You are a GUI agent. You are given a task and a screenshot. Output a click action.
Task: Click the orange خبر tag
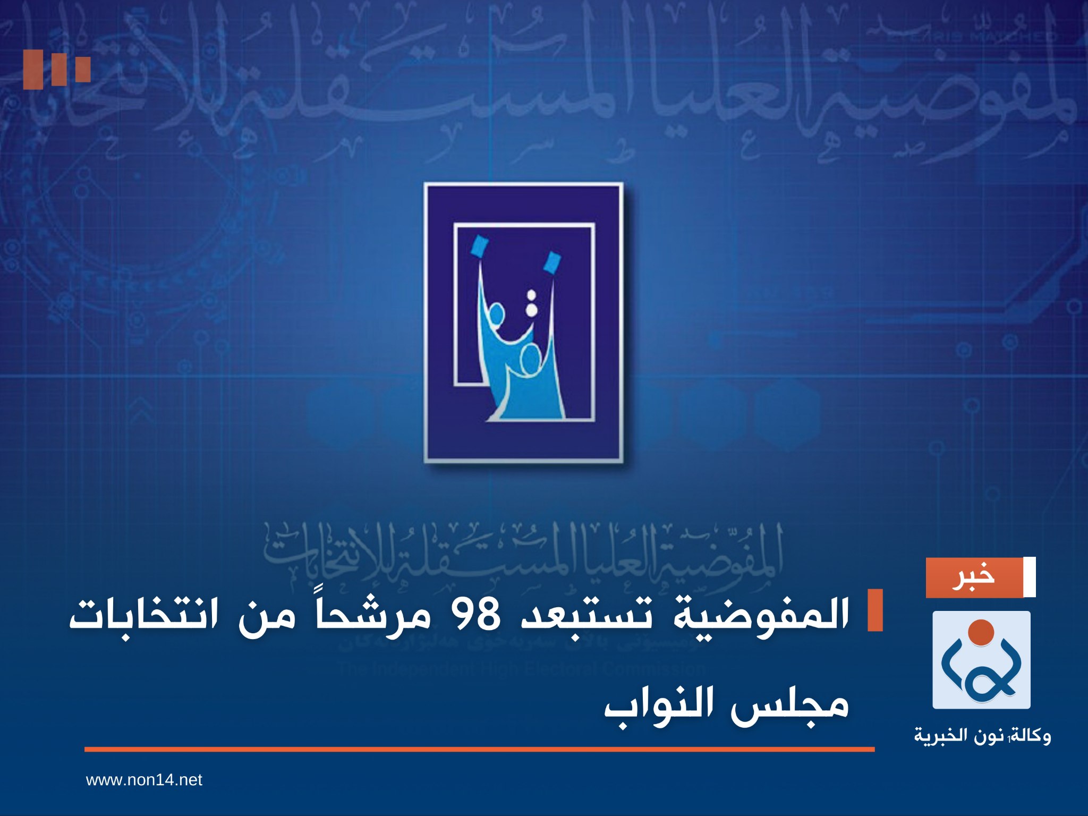974,577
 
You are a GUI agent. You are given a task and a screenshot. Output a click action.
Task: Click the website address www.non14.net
144,780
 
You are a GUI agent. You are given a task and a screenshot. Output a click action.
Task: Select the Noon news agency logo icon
981,660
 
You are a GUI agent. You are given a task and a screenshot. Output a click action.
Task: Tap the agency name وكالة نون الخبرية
982,736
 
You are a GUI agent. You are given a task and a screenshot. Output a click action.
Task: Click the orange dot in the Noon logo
981,632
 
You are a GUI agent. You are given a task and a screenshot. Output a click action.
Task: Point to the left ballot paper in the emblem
480,246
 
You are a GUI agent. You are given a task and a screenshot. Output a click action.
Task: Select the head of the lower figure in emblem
530,362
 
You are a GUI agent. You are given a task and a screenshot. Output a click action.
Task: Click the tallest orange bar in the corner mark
33,70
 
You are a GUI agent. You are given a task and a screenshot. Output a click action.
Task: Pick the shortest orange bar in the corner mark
83,69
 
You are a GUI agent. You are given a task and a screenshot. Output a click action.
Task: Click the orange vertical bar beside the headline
874,610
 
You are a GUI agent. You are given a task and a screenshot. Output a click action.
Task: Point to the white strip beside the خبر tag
1029,577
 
